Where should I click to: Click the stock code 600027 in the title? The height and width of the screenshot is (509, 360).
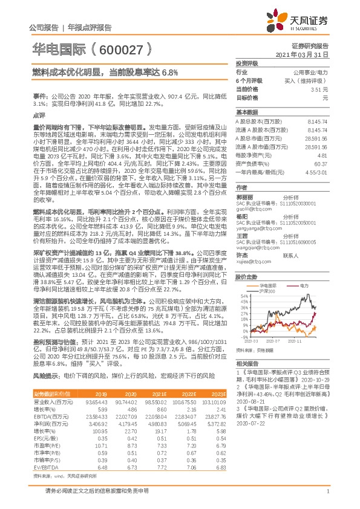pos(129,47)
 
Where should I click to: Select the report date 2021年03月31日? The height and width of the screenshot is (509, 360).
pos(306,54)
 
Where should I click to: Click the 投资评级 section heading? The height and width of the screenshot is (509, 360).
pos(246,62)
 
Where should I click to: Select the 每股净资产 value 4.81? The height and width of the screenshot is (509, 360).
pos(322,155)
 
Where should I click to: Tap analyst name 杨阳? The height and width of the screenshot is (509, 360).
pos(241,215)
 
